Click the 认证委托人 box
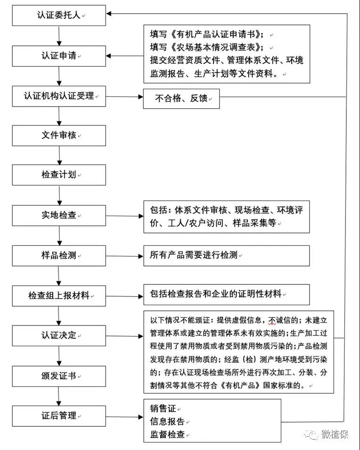tap(59, 16)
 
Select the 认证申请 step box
tap(59, 56)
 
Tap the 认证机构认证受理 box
tap(59, 96)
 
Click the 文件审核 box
tap(59, 135)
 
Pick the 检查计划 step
tap(59, 175)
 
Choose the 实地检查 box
tap(59, 215)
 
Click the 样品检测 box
tap(59, 255)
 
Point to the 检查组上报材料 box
tap(59, 296)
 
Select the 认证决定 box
tap(59, 335)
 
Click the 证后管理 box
tap(59, 416)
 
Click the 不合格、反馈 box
tap(181, 99)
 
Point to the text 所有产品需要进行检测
tap(194, 255)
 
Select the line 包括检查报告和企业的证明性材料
tap(216, 293)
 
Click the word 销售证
tap(163, 408)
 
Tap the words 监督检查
tap(167, 434)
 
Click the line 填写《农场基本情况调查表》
tap(206, 47)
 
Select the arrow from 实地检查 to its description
tap(125, 216)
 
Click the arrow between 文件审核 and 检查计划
tap(59, 155)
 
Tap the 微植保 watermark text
tap(335, 434)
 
